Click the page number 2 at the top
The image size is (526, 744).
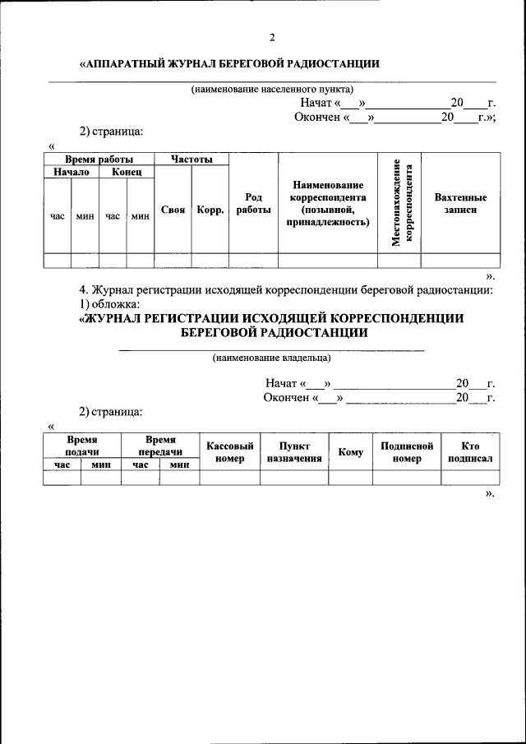pos(271,37)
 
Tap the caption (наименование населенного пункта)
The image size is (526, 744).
pos(272,88)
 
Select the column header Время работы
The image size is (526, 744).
pos(99,159)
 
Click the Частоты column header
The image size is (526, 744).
pos(191,159)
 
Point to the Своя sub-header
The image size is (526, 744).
pos(173,210)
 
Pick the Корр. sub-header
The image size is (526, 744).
pos(210,210)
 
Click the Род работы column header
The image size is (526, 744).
pos(253,204)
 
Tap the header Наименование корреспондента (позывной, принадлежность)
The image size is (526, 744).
pos(327,204)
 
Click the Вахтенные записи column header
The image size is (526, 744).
pos(460,204)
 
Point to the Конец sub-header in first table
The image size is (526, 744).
pos(127,172)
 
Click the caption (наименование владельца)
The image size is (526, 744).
pos(271,358)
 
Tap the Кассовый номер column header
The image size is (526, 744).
pos(229,451)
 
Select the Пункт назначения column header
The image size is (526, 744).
pos(293,451)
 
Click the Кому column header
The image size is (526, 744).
pos(350,452)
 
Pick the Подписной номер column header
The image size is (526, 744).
pos(406,451)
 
